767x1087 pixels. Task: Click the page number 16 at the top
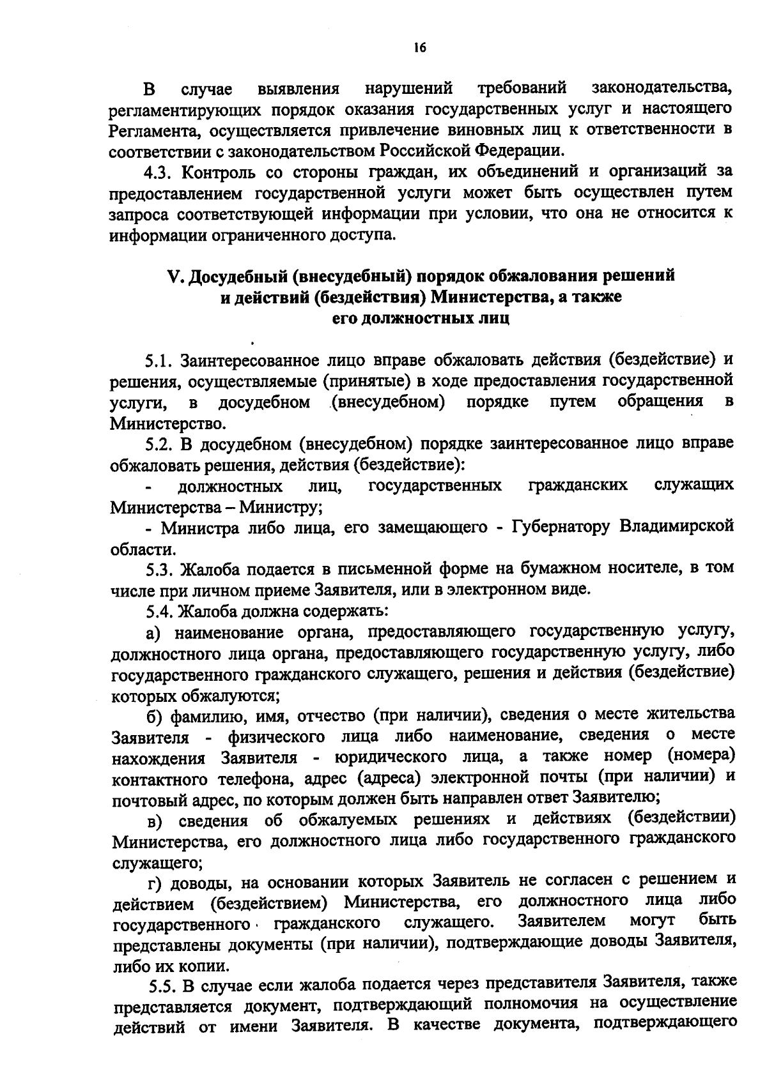point(419,49)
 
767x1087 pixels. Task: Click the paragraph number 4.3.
point(159,172)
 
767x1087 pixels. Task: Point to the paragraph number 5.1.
point(158,360)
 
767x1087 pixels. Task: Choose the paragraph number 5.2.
point(159,443)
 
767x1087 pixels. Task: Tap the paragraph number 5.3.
point(159,568)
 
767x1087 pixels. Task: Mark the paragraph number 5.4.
point(159,611)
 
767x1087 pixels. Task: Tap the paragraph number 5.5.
point(164,986)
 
